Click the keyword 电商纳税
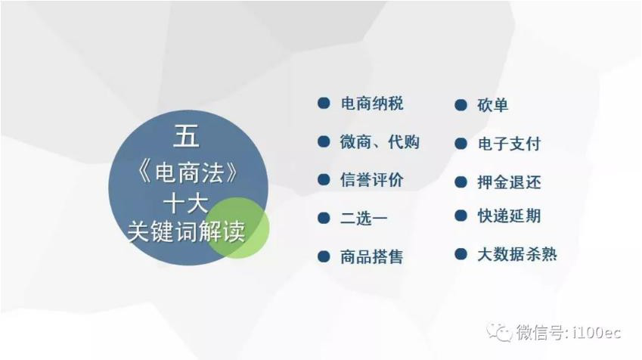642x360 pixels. click(372, 104)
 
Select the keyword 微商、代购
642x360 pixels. click(380, 142)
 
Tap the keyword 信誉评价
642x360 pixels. click(372, 180)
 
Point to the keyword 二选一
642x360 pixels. click(364, 219)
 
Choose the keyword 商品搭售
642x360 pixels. click(372, 257)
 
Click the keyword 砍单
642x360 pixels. click(492, 105)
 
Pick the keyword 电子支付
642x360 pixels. click(509, 144)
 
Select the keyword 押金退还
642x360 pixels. click(509, 182)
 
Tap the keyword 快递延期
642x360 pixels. click(509, 216)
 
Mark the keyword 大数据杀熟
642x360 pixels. click(517, 254)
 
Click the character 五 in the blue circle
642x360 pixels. click(186, 136)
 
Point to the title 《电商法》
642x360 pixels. click(187, 173)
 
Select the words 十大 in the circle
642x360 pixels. click(186, 203)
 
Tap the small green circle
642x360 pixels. click(237, 228)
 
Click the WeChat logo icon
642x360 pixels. click(499, 332)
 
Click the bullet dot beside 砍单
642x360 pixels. click(461, 105)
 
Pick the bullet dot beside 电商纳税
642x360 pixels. click(324, 103)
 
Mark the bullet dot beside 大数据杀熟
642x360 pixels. click(461, 254)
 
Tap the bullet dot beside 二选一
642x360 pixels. click(324, 218)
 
